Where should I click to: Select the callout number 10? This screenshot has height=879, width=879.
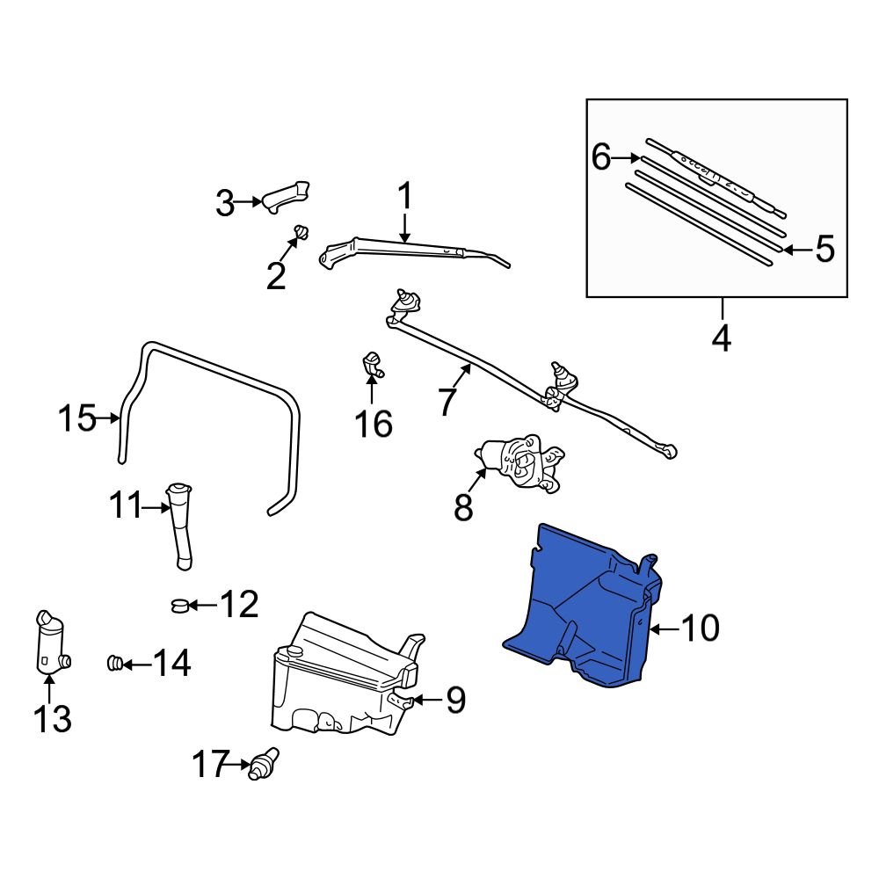click(701, 628)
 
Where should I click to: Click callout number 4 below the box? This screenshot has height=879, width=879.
click(722, 337)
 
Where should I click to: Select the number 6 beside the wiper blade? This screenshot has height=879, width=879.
click(601, 158)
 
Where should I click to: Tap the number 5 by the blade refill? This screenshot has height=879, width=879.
click(824, 250)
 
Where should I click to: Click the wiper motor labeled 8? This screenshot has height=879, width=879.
click(519, 461)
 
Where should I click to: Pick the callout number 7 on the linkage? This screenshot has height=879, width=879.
click(447, 402)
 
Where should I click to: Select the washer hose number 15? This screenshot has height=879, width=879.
click(76, 418)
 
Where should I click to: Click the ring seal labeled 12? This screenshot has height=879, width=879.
click(178, 605)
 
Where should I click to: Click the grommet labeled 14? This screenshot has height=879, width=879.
click(113, 664)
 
